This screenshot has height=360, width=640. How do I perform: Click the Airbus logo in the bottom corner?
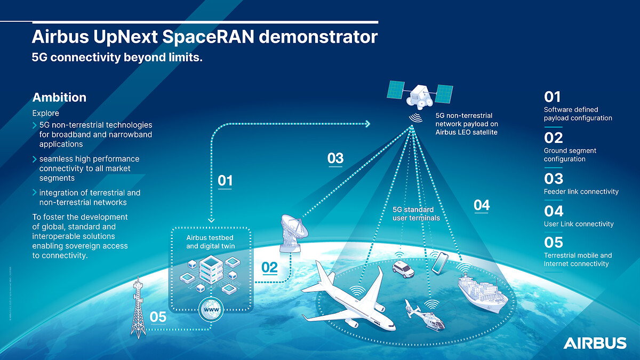click(x=595, y=343)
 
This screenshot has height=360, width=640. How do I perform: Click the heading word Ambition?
click(x=59, y=98)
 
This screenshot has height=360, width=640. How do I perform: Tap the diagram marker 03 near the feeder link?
click(x=335, y=158)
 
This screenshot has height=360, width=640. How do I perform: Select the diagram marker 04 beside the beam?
click(x=481, y=205)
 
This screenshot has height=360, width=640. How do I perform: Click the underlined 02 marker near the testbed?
click(x=269, y=267)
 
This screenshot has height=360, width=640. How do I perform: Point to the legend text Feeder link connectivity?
click(x=581, y=191)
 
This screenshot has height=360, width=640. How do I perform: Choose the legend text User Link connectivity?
click(x=579, y=224)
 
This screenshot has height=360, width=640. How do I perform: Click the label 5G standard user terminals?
click(x=413, y=213)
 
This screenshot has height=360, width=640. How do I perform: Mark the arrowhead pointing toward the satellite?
click(x=367, y=124)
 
